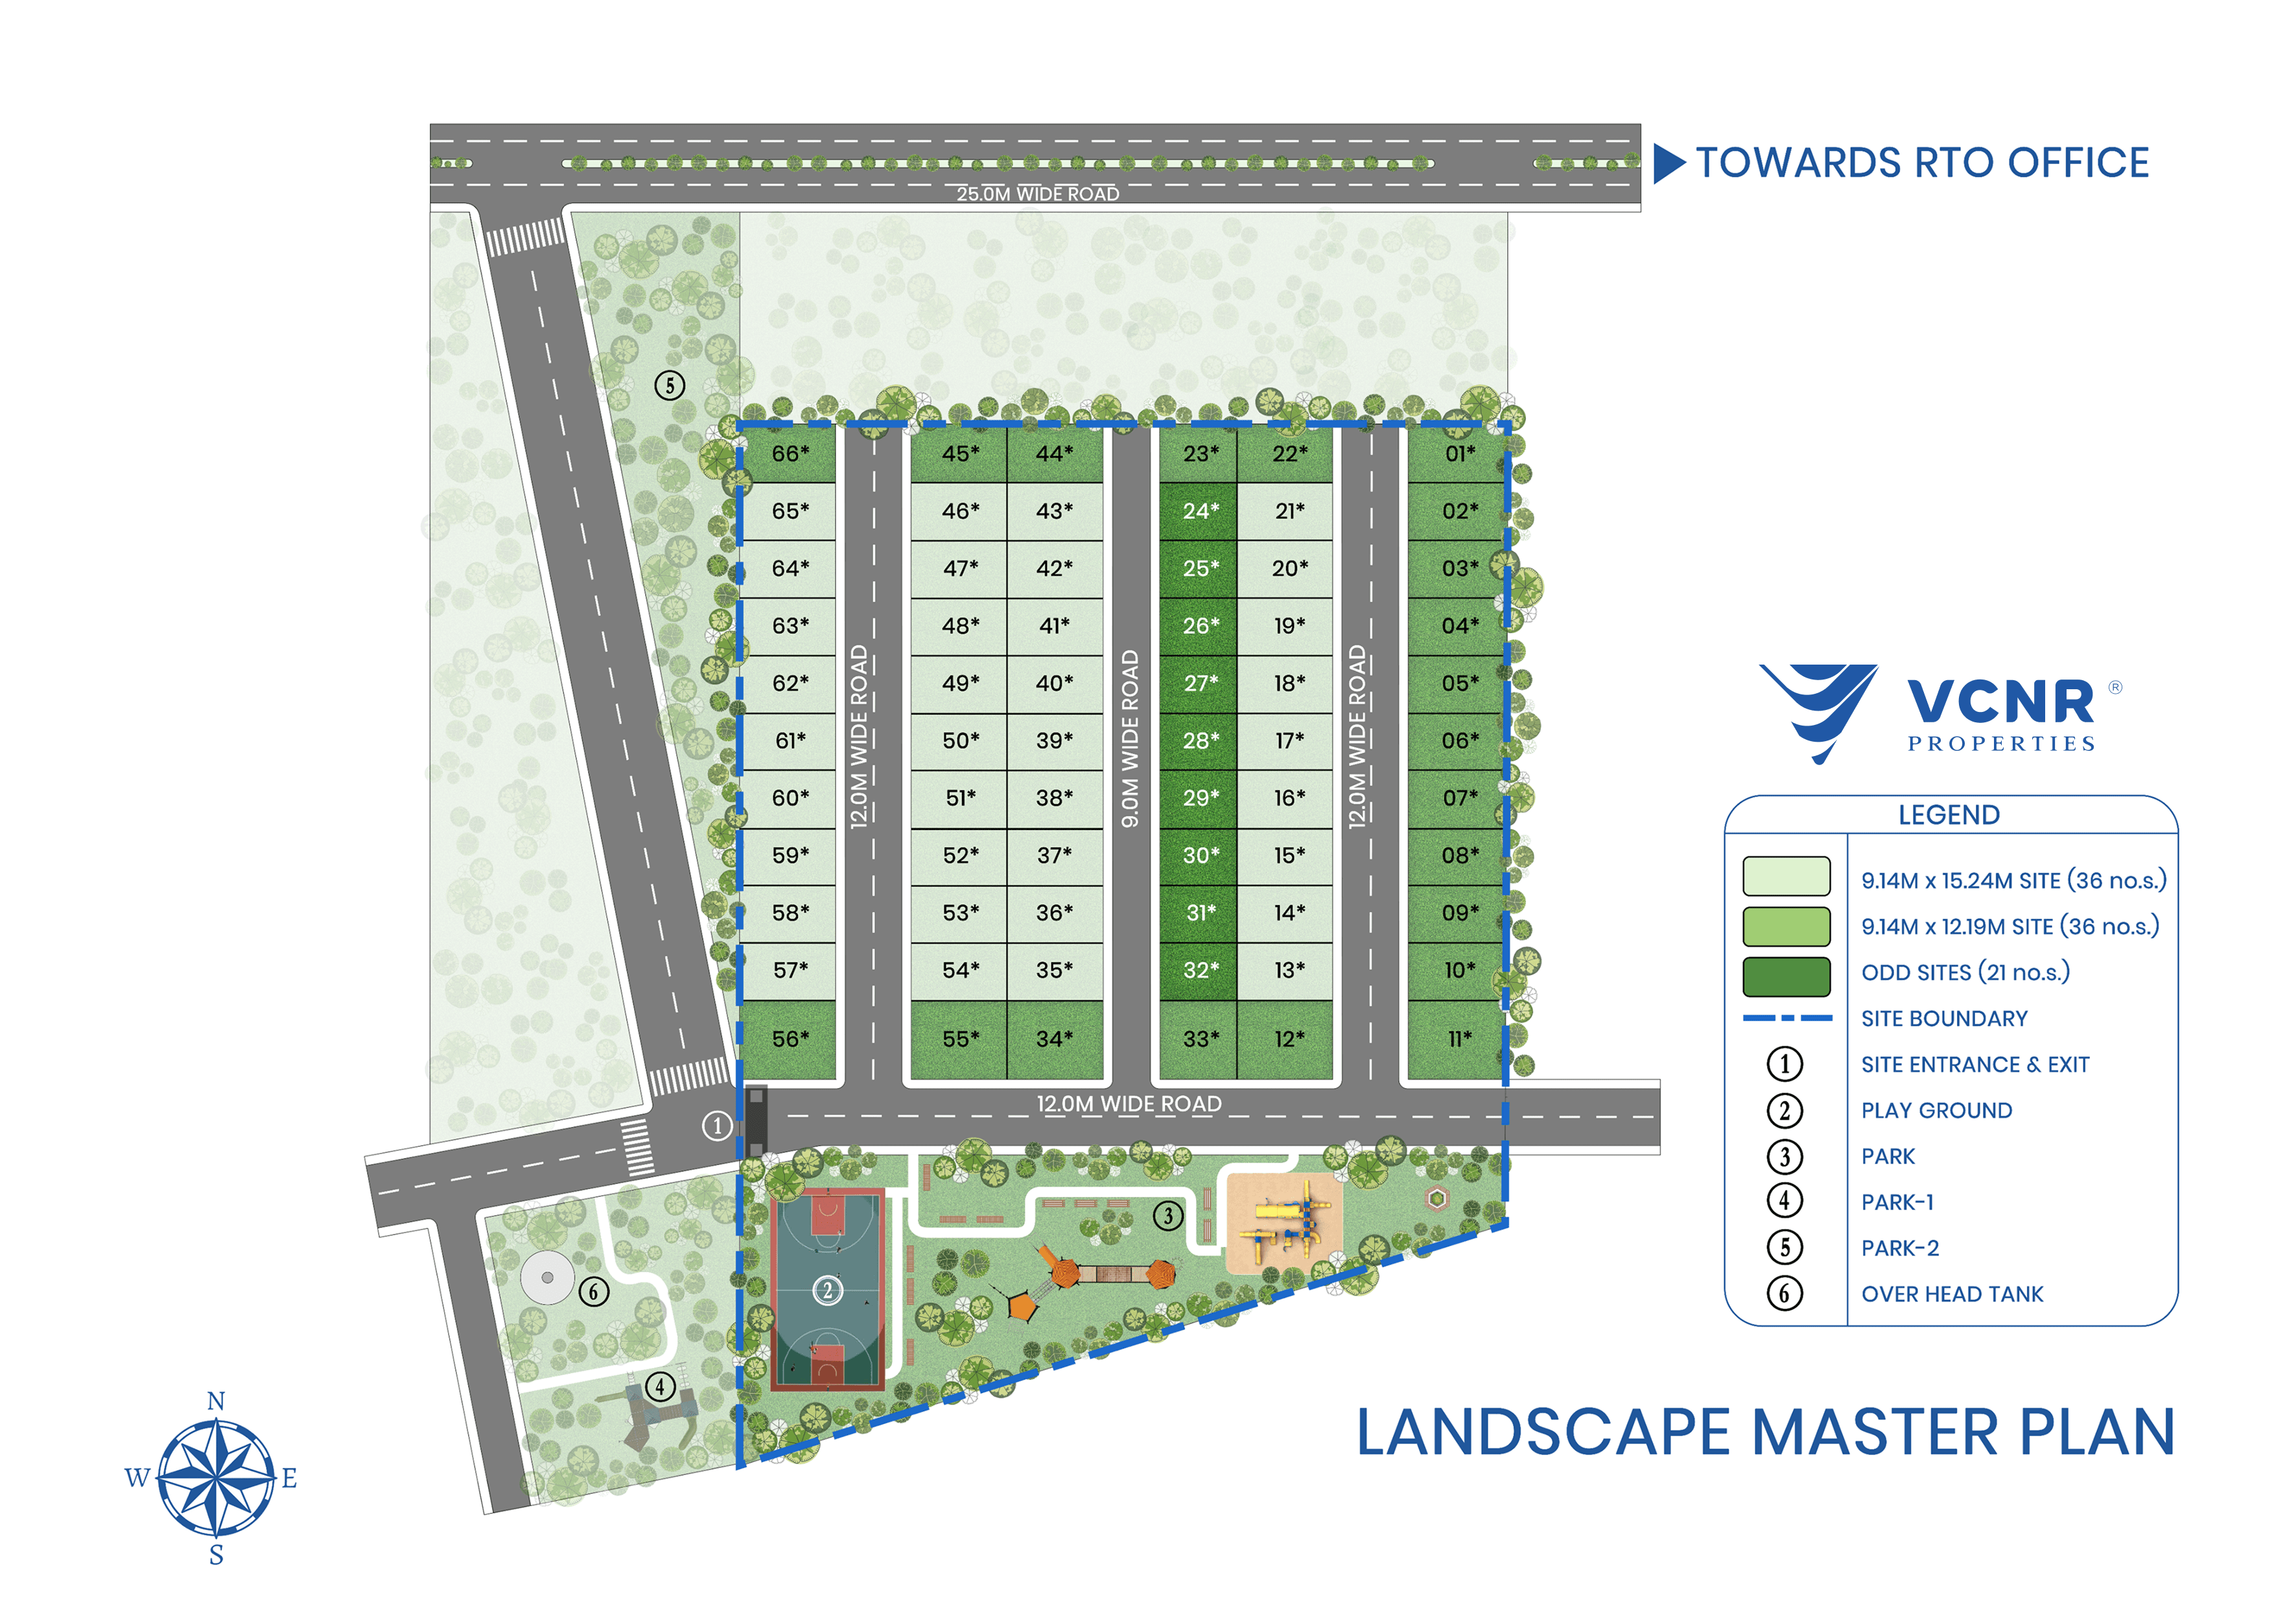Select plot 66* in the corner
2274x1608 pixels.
[790, 454]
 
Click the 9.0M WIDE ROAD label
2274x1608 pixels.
[1130, 738]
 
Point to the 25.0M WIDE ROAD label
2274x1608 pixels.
[1037, 194]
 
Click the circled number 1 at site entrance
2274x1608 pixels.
[717, 1126]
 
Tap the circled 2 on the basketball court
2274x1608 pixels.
[827, 1290]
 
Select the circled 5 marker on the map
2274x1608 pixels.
[670, 385]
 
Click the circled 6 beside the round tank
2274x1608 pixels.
[593, 1292]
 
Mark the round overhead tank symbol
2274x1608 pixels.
[546, 1278]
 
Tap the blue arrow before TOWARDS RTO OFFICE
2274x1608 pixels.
[1668, 163]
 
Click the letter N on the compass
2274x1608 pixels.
[216, 1401]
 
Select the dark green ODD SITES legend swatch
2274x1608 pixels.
[1786, 976]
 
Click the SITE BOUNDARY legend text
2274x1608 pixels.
[1943, 1019]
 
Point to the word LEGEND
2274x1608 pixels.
[1948, 816]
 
